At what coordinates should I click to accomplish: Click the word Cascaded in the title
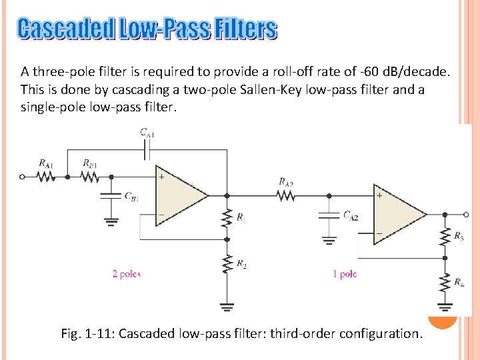pyautogui.click(x=66, y=29)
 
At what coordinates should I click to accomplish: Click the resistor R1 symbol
pyautogui.click(x=227, y=217)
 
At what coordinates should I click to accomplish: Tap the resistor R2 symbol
pyautogui.click(x=227, y=265)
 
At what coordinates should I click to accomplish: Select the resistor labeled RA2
pyautogui.click(x=285, y=196)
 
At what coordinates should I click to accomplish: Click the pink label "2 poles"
pyautogui.click(x=126, y=274)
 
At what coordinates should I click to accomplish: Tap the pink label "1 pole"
pyautogui.click(x=345, y=274)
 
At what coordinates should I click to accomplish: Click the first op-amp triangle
pyautogui.click(x=179, y=196)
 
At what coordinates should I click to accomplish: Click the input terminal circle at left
pyautogui.click(x=23, y=177)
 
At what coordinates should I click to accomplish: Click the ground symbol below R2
pyautogui.click(x=227, y=307)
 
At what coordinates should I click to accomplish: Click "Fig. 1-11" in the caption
pyautogui.click(x=88, y=333)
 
